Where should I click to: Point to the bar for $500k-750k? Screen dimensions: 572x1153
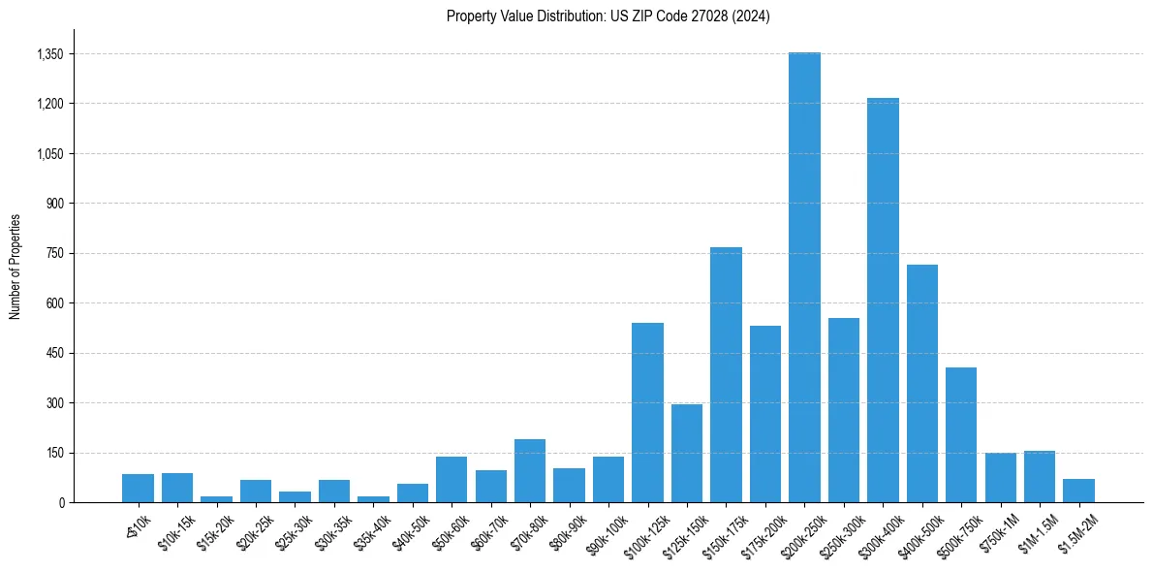coord(961,435)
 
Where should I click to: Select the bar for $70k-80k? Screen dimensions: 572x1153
coord(530,471)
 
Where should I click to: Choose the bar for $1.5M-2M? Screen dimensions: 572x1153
coord(1078,491)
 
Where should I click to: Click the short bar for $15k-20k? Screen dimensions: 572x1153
coord(216,499)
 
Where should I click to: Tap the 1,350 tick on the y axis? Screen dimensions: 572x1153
coord(49,54)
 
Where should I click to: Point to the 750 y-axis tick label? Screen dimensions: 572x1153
coord(55,253)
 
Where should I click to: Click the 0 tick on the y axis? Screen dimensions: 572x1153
coord(61,502)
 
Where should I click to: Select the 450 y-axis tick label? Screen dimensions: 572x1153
coord(55,353)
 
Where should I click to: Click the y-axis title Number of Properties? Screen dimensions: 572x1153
coord(15,267)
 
